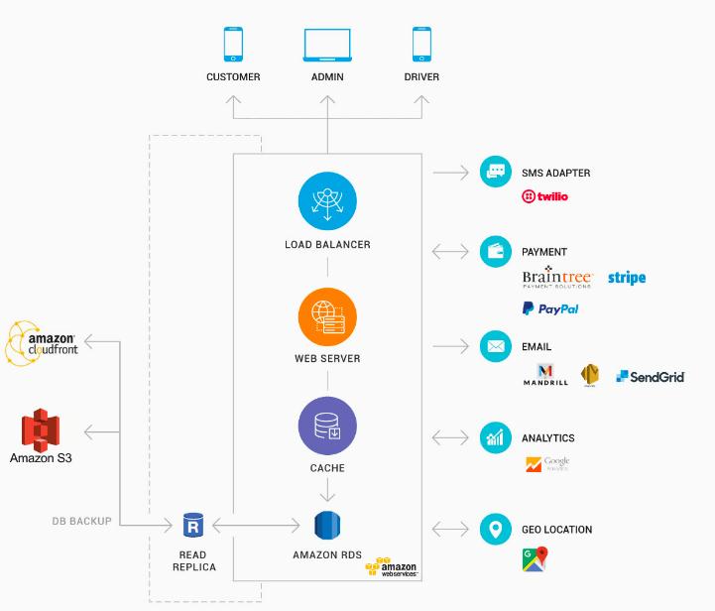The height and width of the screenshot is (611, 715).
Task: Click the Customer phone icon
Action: [233, 45]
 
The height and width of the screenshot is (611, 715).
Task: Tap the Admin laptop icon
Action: [327, 46]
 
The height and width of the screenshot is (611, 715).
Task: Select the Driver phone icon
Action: [421, 45]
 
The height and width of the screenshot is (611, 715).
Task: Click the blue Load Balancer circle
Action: [327, 201]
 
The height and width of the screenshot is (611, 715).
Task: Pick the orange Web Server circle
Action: [327, 316]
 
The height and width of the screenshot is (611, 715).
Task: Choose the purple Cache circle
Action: [327, 426]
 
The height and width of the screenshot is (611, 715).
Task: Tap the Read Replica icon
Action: [192, 525]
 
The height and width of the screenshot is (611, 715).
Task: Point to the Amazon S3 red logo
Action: [41, 430]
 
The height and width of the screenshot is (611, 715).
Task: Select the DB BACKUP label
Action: [81, 521]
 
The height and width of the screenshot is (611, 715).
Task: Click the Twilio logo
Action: [544, 196]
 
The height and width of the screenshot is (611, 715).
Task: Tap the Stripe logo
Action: [627, 278]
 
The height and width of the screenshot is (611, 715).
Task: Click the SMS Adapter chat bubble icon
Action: [494, 172]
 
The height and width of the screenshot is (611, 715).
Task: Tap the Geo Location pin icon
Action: [494, 529]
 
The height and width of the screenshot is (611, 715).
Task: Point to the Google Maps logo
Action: [535, 560]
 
